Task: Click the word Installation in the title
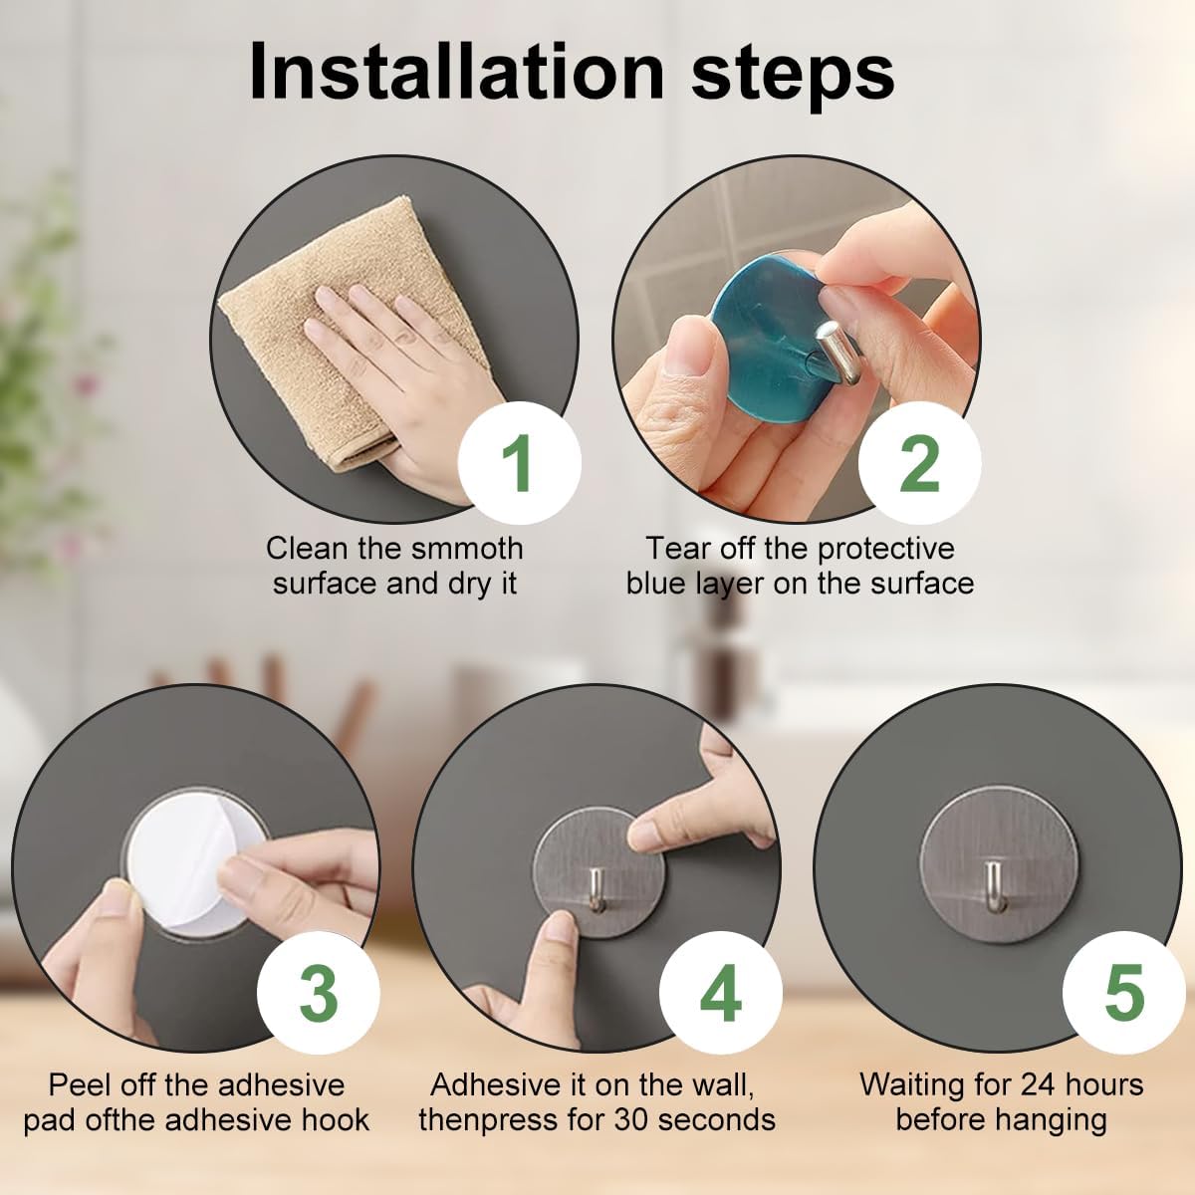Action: click(457, 72)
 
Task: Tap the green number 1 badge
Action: click(520, 463)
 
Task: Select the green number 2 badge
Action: click(920, 463)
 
